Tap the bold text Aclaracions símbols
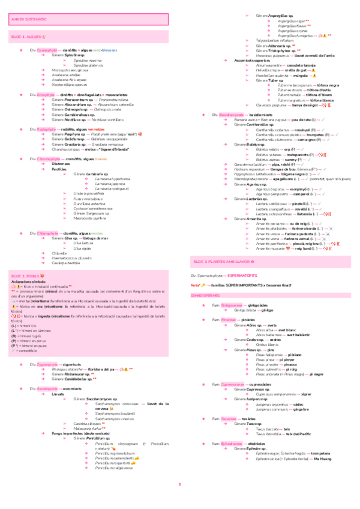click(30, 281)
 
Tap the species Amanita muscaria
click(269, 247)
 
